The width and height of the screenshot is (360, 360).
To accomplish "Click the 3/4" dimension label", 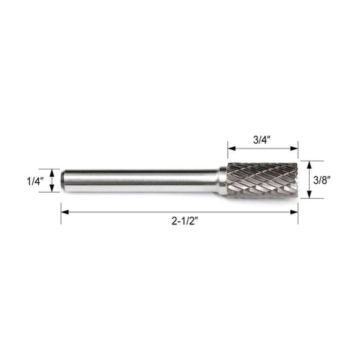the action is [262, 140].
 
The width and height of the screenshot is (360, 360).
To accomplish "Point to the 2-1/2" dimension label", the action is [184, 221].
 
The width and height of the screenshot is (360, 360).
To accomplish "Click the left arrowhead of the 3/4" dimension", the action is [232, 148].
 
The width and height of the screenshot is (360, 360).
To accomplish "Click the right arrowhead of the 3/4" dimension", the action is [294, 148].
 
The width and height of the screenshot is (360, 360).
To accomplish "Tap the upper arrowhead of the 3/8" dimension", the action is [309, 165].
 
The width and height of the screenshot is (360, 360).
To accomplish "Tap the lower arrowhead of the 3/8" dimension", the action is [309, 194].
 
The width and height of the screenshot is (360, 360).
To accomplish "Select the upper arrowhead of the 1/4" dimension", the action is [52, 173].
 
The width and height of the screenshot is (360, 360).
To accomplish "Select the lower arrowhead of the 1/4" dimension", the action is [52, 188].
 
